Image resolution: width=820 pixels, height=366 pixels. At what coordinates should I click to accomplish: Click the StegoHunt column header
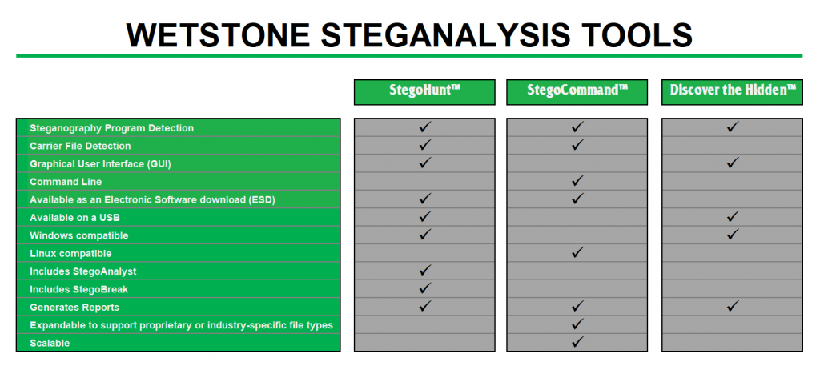point(424,92)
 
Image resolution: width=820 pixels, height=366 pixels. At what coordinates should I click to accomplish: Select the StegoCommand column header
point(577,92)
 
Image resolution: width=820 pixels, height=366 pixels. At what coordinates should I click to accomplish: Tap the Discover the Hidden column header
point(732,92)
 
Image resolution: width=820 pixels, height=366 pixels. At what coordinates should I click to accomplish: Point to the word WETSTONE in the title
point(219,34)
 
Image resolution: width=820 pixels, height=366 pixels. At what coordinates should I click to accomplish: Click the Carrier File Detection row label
point(80,146)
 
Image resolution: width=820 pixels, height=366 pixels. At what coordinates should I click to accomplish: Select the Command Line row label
point(66,182)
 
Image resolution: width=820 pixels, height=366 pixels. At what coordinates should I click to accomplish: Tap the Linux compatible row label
point(70,254)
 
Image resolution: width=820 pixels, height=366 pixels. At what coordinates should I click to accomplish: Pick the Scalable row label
point(50,343)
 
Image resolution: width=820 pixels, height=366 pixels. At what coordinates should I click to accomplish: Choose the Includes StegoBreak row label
point(79,289)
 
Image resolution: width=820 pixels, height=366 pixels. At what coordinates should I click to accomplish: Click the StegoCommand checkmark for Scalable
point(577,342)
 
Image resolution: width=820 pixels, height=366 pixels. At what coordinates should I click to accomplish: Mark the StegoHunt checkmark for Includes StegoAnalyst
point(425,271)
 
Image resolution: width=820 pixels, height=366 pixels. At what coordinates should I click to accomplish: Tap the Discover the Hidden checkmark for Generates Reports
point(733,305)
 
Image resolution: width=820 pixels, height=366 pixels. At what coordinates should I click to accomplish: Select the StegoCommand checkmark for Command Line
point(577,181)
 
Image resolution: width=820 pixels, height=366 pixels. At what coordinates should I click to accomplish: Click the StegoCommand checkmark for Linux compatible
point(577,252)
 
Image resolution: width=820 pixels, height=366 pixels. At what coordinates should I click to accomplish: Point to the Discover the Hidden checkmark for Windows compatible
point(733,234)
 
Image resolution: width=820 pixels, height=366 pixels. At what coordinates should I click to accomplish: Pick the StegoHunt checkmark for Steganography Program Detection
point(425,127)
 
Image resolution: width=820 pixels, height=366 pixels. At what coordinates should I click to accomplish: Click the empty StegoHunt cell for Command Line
point(424,182)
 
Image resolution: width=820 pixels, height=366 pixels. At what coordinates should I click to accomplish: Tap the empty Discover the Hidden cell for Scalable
point(732,343)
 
